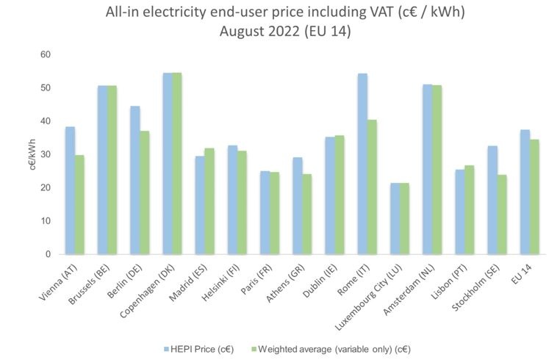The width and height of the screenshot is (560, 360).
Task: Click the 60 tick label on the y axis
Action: point(46,54)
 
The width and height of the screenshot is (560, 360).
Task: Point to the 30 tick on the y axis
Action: point(46,154)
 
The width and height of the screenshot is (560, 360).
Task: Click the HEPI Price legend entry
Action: point(200,348)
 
